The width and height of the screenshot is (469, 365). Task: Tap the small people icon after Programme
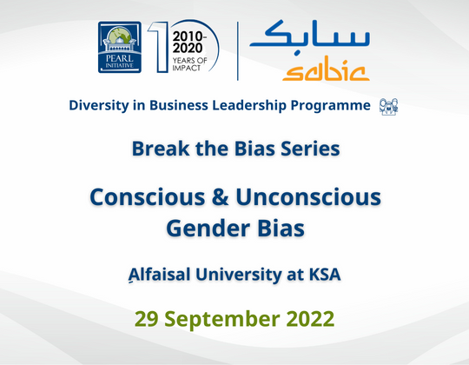[388, 107]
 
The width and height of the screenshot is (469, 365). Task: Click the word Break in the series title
[160, 149]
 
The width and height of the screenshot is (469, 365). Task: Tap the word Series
[305, 149]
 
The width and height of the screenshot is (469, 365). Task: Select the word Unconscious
[310, 197]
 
